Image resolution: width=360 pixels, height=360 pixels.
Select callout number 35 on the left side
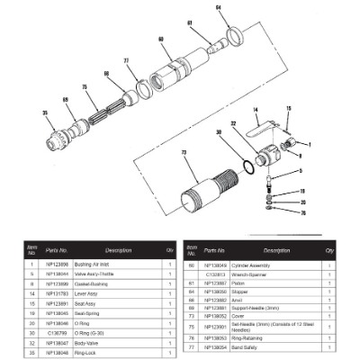43,112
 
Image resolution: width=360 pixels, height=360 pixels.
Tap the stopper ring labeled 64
232,36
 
